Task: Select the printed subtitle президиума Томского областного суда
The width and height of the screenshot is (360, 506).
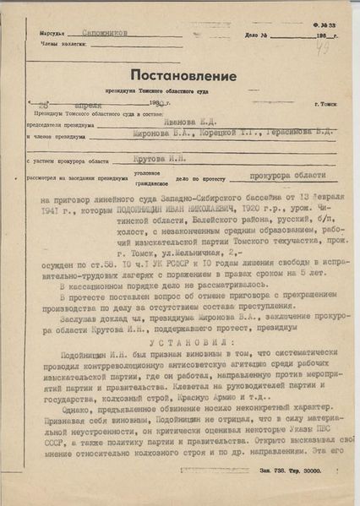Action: pyautogui.click(x=177, y=89)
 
